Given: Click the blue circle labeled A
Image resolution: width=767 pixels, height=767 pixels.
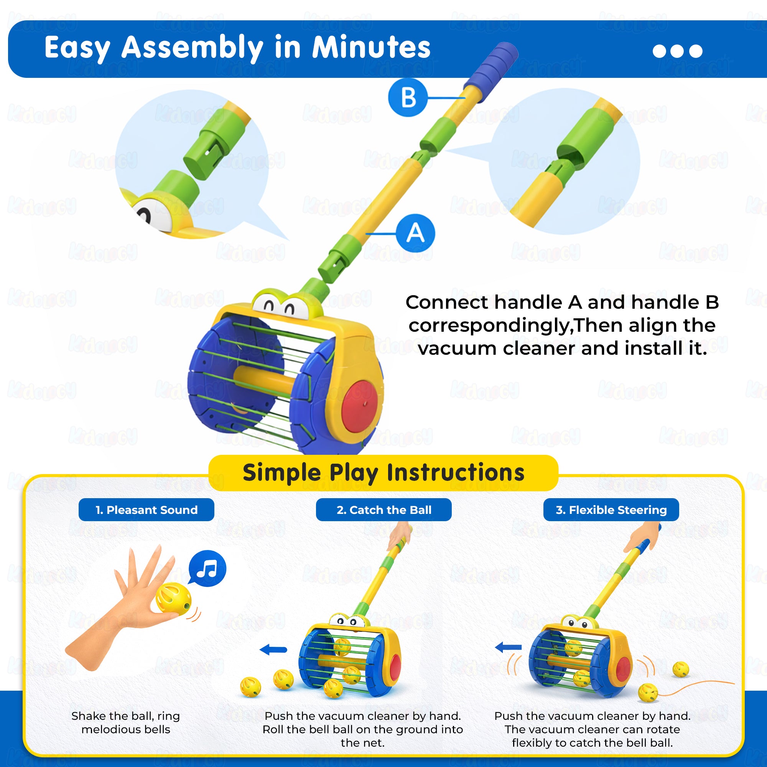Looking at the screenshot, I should [x=415, y=233].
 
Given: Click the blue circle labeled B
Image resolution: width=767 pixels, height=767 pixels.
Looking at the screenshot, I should [x=408, y=97].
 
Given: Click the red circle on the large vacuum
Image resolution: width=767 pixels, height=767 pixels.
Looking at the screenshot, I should [x=360, y=406].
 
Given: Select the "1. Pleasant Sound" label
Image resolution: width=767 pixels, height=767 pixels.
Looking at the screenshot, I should [x=146, y=510].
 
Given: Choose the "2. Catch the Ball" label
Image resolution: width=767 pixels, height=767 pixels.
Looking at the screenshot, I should [x=383, y=510].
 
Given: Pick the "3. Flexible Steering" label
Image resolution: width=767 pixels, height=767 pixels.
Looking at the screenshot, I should [x=611, y=510].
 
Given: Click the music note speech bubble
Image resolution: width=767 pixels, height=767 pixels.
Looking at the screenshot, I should [x=207, y=568].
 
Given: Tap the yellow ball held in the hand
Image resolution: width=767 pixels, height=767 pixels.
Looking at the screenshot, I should [x=173, y=599].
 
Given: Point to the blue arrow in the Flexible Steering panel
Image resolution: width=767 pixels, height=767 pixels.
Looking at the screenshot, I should [x=509, y=647].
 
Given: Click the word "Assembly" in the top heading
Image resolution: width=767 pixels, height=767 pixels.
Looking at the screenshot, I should [x=192, y=48].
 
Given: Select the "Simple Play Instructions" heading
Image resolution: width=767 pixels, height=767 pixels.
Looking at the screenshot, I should [x=383, y=472].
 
